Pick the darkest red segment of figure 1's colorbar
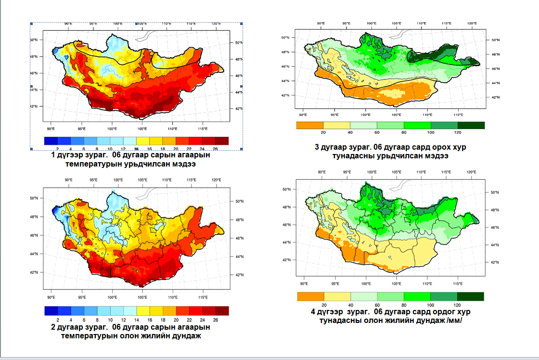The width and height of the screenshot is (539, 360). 222,141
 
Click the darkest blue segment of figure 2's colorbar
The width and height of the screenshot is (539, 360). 51,311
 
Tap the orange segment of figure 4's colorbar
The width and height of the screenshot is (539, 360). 310,296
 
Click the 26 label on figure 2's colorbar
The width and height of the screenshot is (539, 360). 215,320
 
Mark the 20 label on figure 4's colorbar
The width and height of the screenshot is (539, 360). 324,305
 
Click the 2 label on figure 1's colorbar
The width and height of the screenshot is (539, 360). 57,149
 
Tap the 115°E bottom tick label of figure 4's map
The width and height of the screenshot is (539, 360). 458,283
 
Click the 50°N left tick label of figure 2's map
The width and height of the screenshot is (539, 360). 34,198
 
